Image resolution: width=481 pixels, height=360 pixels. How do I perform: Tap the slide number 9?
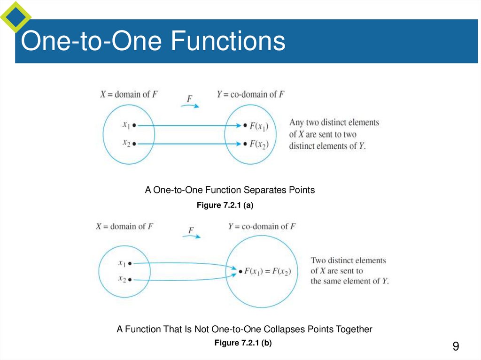point(455,347)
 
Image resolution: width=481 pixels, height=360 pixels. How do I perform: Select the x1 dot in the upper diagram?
point(134,125)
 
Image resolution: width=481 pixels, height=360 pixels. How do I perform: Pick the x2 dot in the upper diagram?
point(134,144)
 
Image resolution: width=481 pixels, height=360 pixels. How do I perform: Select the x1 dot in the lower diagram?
point(130,264)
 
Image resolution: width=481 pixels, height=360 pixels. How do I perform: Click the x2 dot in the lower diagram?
point(130,280)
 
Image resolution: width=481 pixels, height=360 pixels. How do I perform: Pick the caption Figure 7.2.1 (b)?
point(243,343)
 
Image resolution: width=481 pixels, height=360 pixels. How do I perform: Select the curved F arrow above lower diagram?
point(191,236)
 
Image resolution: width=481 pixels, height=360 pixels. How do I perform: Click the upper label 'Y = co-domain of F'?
point(250,94)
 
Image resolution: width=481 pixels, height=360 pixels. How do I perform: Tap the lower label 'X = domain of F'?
point(124,226)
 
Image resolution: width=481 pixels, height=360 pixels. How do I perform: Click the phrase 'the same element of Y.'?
point(349,281)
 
